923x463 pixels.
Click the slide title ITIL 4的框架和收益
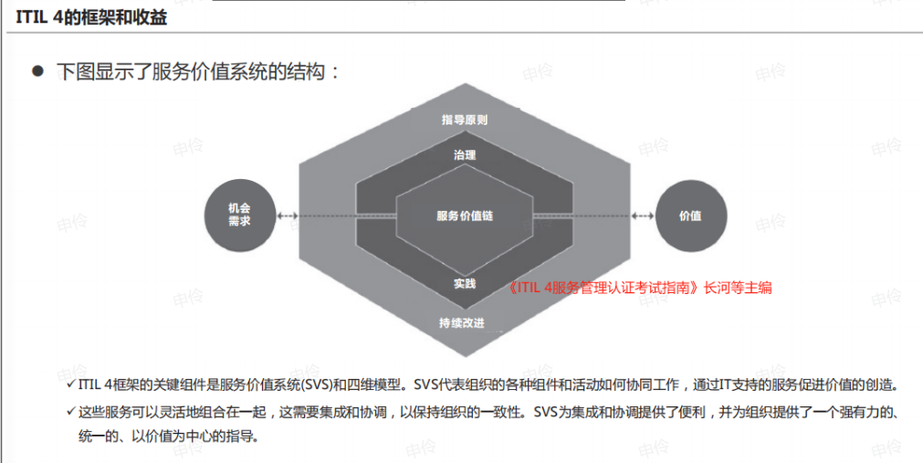[x=91, y=17]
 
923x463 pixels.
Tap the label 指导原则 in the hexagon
[x=465, y=121]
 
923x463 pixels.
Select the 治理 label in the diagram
[x=465, y=155]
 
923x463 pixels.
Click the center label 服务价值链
[x=465, y=216]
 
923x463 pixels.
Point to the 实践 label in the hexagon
[x=465, y=284]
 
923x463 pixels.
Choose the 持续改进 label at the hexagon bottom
[x=462, y=323]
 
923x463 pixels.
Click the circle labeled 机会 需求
[x=239, y=215]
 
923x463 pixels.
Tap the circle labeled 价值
[x=690, y=215]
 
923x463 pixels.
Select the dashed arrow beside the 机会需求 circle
[x=288, y=216]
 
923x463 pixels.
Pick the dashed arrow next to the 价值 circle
[x=642, y=216]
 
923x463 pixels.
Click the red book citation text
[x=639, y=288]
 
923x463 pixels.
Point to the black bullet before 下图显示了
[x=38, y=72]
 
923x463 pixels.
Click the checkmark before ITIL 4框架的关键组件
[x=70, y=384]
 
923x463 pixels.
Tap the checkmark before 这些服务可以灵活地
[x=70, y=411]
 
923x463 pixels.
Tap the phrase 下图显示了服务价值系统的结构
[x=191, y=72]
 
